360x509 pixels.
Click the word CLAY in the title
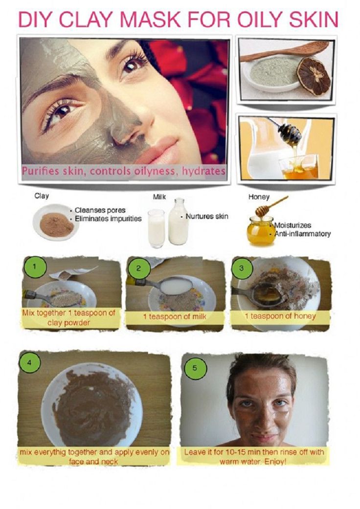tap(87, 19)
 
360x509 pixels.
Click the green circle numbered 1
tap(35, 267)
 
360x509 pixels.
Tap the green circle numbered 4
tap(30, 363)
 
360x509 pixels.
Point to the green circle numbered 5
tap(195, 368)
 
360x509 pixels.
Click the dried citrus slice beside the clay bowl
tap(314, 76)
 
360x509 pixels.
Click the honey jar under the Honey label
tap(260, 231)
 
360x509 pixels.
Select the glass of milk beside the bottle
tap(156, 228)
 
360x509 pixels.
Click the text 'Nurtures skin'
tap(207, 216)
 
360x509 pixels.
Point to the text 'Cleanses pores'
tap(100, 210)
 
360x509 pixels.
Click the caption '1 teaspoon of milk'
tap(175, 316)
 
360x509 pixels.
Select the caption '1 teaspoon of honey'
tap(280, 316)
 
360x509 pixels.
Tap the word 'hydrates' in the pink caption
tap(203, 171)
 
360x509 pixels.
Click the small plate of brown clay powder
tap(56, 222)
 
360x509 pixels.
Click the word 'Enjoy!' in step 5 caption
tap(275, 461)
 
